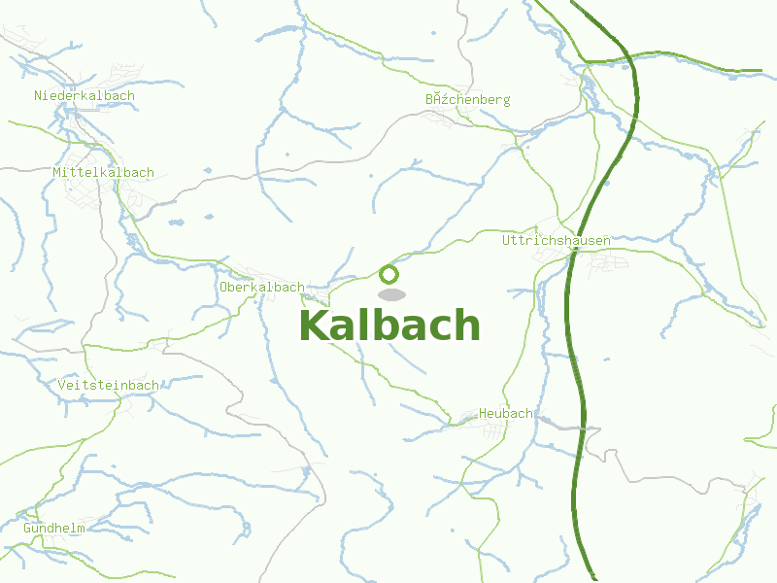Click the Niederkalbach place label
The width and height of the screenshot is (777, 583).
tap(84, 96)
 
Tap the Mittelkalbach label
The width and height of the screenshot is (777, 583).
tap(103, 173)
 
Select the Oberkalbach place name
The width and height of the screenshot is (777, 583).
tap(262, 288)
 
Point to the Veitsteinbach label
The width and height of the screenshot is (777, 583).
tap(108, 386)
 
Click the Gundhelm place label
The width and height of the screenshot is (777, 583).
tap(54, 529)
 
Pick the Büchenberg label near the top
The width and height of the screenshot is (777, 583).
tap(467, 100)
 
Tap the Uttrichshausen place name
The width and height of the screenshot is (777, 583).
tap(557, 240)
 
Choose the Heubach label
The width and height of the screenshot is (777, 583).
tap(505, 414)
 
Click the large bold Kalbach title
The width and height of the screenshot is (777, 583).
tap(389, 326)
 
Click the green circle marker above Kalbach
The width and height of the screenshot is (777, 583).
tap(388, 274)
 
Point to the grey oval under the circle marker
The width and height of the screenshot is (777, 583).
tap(390, 294)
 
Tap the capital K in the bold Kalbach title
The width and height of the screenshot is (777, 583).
tap(314, 326)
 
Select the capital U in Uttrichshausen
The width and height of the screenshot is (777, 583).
tap(507, 240)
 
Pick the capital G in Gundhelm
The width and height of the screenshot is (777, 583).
tap(28, 529)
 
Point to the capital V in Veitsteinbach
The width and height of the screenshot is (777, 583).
tap(62, 386)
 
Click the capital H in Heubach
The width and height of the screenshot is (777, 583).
tap(483, 414)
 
